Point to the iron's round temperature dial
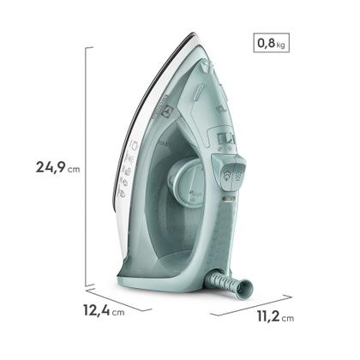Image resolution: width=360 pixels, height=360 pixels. [184, 181]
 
